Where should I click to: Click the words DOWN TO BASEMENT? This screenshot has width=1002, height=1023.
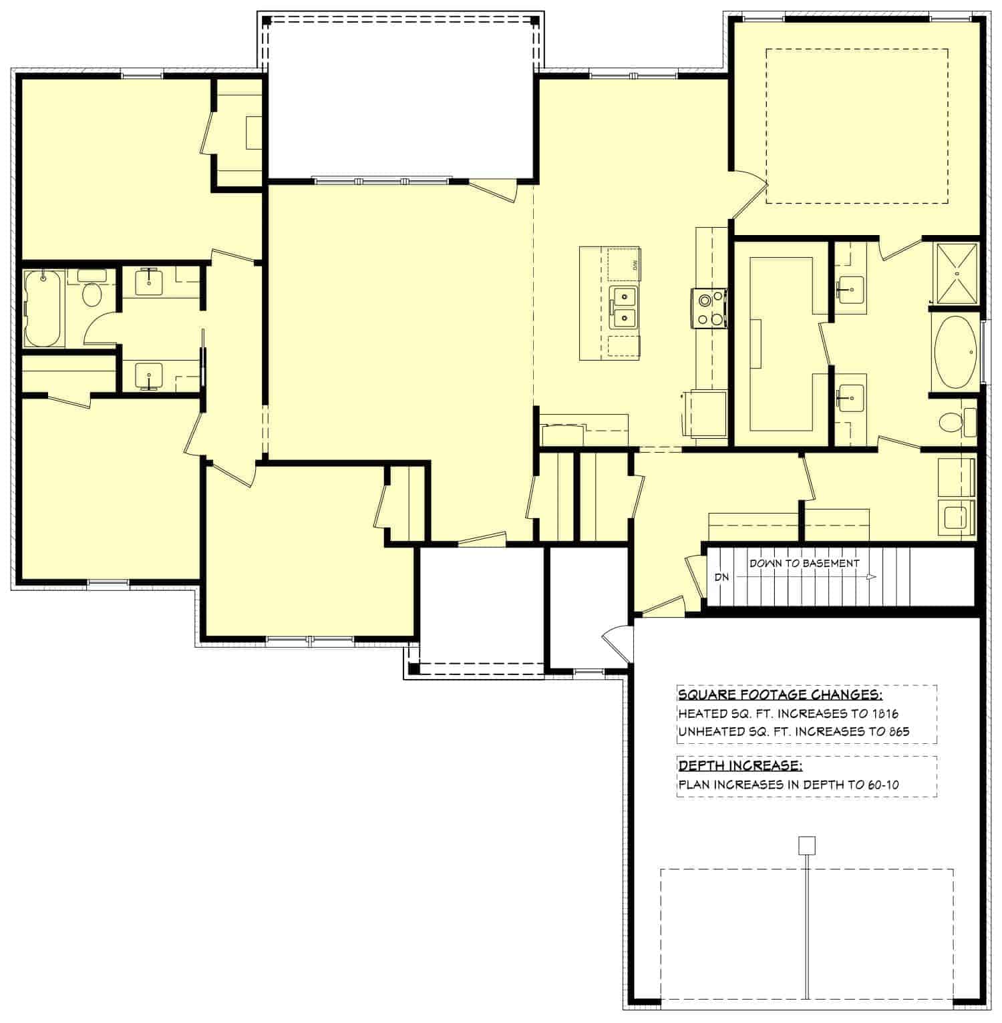(x=804, y=563)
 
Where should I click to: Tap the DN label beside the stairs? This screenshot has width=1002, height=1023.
(x=721, y=577)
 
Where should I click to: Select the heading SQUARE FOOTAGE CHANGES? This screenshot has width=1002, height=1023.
(x=780, y=695)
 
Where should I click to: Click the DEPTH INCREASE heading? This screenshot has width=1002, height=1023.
(x=740, y=765)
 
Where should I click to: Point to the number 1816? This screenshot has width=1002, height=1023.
(x=884, y=713)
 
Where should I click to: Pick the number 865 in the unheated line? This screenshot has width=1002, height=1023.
(x=898, y=731)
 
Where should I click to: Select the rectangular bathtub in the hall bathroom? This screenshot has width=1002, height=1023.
(x=44, y=308)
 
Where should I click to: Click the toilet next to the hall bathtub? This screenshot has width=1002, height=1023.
(x=92, y=293)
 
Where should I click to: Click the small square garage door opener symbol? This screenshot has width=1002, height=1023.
(x=807, y=845)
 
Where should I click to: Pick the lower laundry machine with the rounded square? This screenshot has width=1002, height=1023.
(x=957, y=519)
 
